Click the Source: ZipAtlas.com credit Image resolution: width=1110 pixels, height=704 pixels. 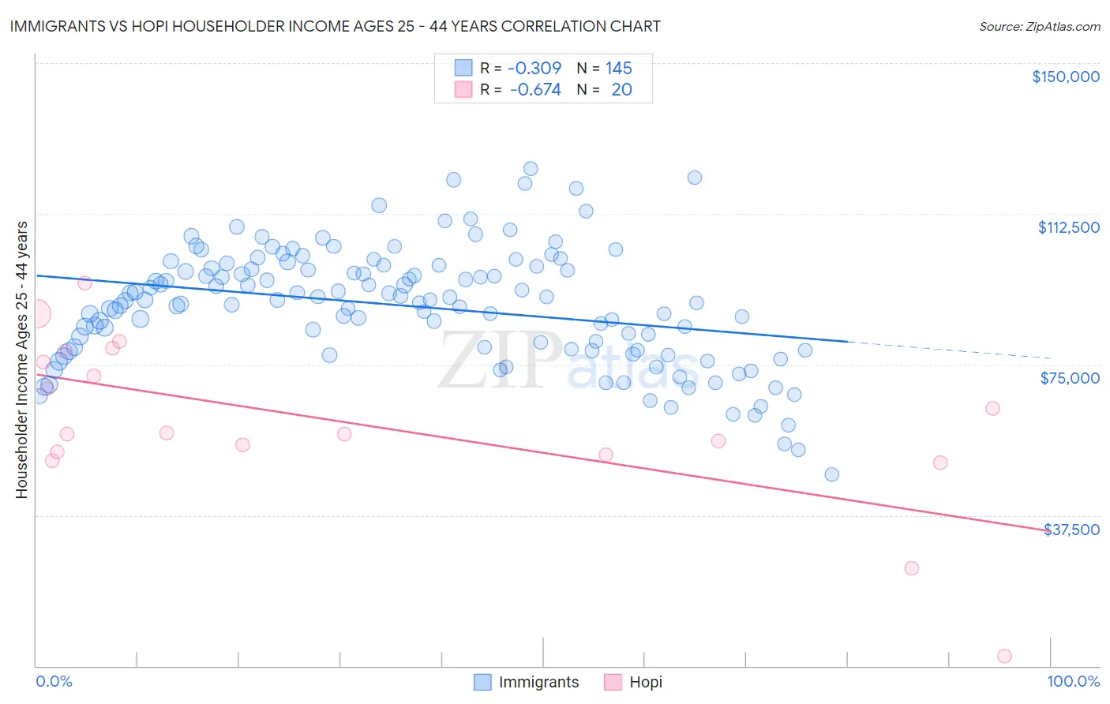pos(1039,26)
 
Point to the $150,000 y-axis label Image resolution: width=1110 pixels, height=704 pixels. pos(1065,77)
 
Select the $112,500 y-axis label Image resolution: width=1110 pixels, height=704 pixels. pos(1068,227)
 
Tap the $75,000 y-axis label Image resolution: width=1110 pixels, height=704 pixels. pos(1069,378)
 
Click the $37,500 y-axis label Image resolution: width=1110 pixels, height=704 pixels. pos(1071,530)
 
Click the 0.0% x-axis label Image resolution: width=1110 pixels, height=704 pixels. pos(54,681)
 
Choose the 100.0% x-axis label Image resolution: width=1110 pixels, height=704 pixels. pos(1073,681)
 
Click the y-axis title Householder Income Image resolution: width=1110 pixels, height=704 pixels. pos(21,360)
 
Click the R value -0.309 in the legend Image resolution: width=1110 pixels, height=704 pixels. pos(534,68)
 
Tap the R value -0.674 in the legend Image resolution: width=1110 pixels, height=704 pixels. pos(535,90)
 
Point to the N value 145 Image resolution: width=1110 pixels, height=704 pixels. pos(619,68)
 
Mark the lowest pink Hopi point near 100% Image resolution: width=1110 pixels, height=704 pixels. pos(1004,656)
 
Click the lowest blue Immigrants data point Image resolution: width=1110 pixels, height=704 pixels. pos(831,474)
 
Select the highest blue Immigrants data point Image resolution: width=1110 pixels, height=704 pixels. pos(531,169)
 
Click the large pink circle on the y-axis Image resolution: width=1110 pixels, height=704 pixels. pos(36,313)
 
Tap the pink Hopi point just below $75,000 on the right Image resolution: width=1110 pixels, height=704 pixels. pos(992,408)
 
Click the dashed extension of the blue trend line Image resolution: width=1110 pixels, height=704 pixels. pos(947,350)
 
